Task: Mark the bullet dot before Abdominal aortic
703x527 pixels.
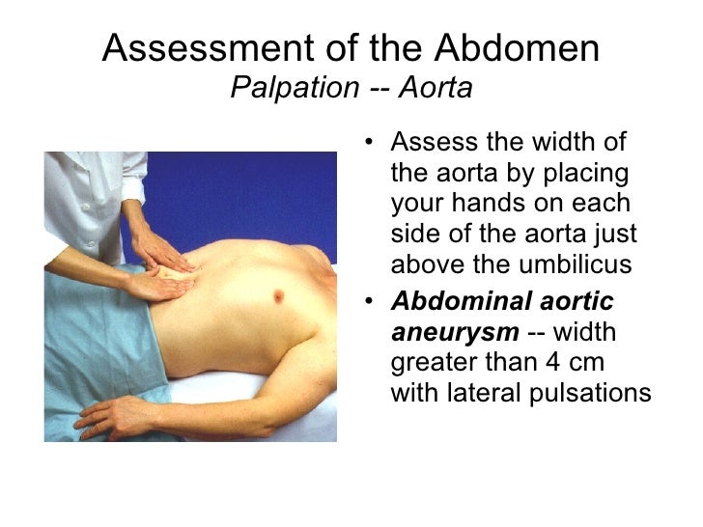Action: click(374, 301)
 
